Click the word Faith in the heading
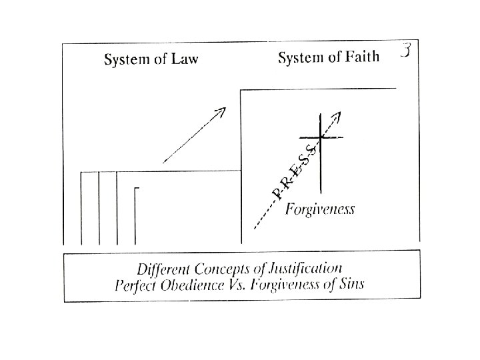coord(361,58)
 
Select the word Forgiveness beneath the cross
coord(320,209)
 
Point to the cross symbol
coord(321,138)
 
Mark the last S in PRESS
coord(311,152)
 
